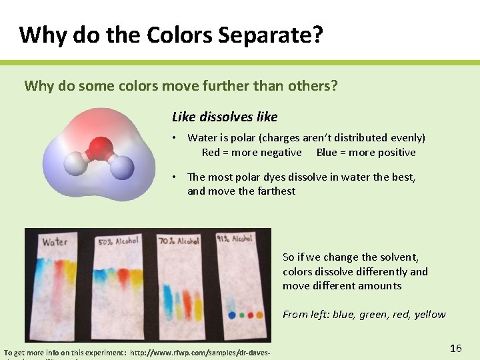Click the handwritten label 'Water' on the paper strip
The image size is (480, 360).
[55, 241]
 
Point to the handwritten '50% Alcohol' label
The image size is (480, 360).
[118, 241]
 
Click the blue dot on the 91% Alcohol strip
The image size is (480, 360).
[231, 315]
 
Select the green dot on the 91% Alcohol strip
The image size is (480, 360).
[241, 315]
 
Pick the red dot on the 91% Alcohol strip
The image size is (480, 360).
[250, 315]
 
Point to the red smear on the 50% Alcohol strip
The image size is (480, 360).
[124, 274]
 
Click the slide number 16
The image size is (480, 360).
[456, 348]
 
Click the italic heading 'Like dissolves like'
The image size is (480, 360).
[225, 117]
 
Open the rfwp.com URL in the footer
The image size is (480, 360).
[199, 352]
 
